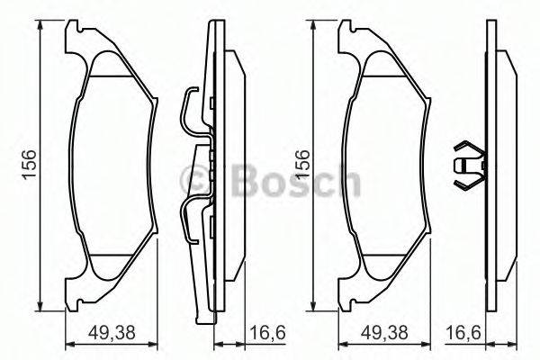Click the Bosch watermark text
click(x=297, y=183)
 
